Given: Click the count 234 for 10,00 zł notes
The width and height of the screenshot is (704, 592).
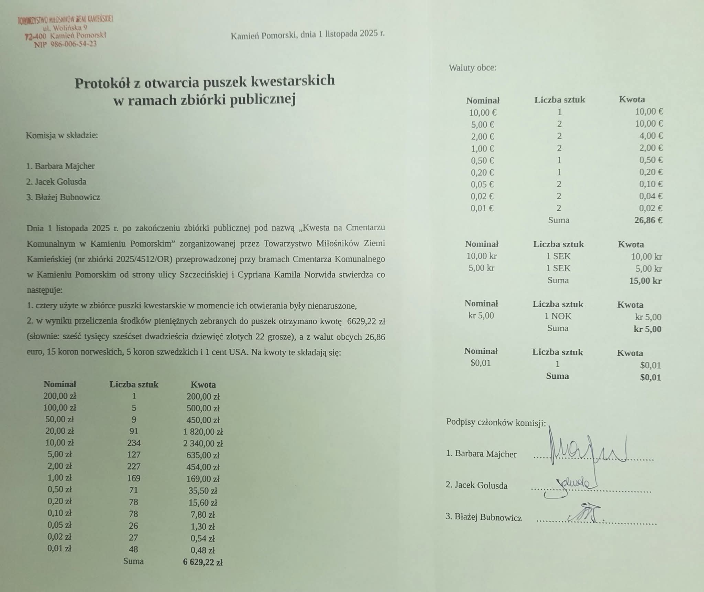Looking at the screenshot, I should pyautogui.click(x=134, y=443).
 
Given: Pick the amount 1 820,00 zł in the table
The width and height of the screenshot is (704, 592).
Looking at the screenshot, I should pyautogui.click(x=203, y=432).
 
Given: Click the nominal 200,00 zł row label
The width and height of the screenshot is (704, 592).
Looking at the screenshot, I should pyautogui.click(x=59, y=396).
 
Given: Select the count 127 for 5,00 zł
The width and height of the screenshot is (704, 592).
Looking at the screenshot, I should pyautogui.click(x=134, y=455).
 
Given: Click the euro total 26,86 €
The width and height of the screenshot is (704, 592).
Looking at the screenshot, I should pyautogui.click(x=648, y=220).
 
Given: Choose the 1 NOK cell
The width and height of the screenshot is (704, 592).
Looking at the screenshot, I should pyautogui.click(x=558, y=316).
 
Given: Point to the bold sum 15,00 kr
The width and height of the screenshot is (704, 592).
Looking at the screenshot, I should pyautogui.click(x=645, y=281).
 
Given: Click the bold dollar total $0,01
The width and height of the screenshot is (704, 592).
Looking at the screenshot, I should pyautogui.click(x=650, y=378).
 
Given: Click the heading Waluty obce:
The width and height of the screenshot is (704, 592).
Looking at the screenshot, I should pyautogui.click(x=473, y=68).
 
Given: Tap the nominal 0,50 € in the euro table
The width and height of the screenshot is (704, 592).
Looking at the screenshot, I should pyautogui.click(x=482, y=160).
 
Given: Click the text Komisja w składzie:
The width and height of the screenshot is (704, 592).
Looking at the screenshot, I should pyautogui.click(x=62, y=135).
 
